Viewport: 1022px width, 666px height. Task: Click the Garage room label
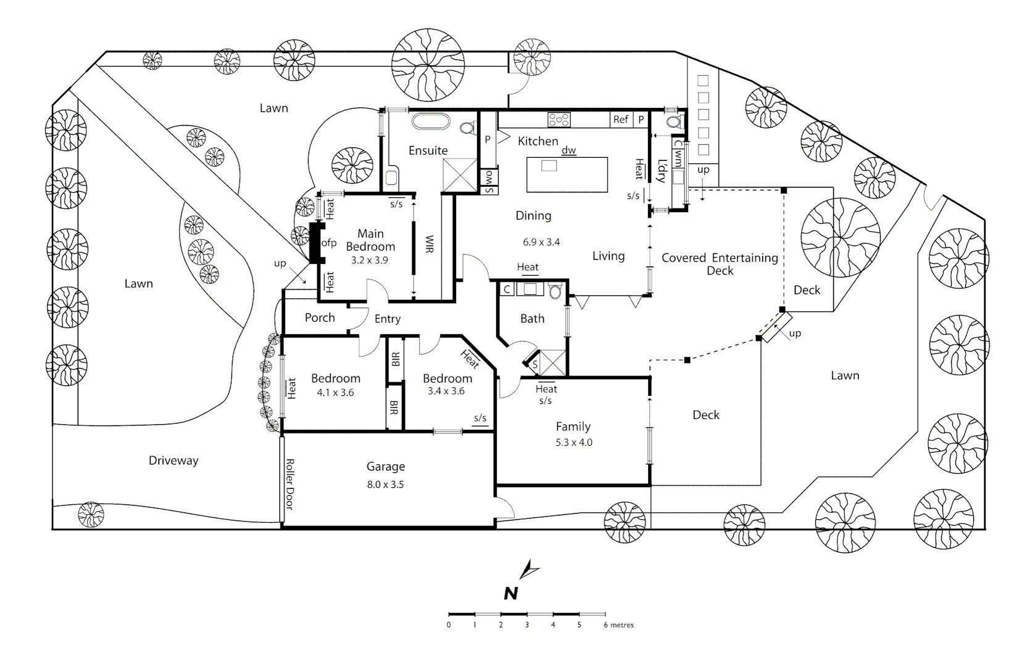tap(386, 467)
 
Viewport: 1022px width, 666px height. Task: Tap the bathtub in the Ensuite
tap(430, 121)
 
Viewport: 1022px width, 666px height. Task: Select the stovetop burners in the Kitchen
tap(559, 120)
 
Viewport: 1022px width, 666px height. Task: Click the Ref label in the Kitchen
tap(621, 120)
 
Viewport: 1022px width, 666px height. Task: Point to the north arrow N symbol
tap(510, 593)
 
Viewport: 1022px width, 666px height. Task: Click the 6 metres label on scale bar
tap(618, 625)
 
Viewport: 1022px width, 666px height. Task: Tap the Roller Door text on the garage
tap(288, 484)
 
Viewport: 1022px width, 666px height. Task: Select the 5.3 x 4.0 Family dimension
tap(573, 442)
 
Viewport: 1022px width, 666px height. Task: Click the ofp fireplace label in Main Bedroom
tap(329, 243)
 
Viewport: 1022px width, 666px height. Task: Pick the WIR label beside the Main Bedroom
tap(430, 244)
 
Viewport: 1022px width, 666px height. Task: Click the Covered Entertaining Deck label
tap(720, 264)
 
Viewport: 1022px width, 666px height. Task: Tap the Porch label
tap(320, 318)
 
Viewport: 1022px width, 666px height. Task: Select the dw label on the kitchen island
tap(568, 150)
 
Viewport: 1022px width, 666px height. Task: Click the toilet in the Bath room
tap(555, 291)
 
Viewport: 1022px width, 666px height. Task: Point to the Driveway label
tap(173, 461)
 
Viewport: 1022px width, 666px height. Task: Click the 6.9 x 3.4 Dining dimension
tap(541, 242)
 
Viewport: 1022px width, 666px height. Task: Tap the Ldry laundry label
tap(662, 171)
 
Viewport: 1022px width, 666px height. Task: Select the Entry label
tap(388, 319)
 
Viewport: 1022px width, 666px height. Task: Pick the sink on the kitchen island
tap(549, 166)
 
